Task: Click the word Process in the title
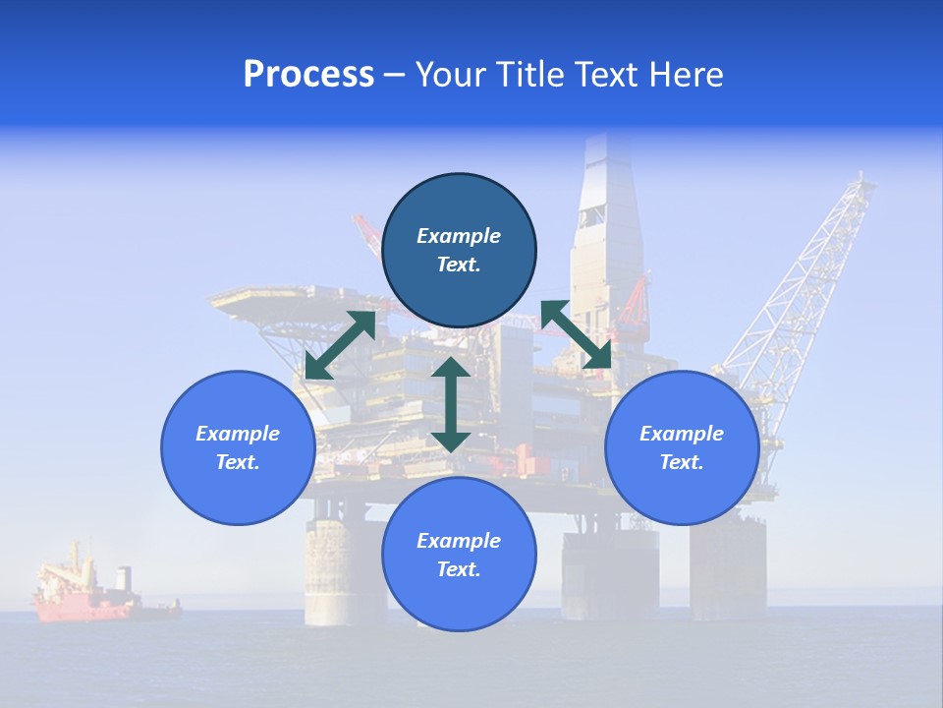tap(308, 75)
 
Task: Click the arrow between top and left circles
tap(341, 345)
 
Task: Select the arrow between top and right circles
tap(576, 334)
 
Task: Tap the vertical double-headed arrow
tap(451, 404)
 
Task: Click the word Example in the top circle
tap(459, 236)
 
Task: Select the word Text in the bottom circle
tap(459, 569)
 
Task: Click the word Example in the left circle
tap(238, 434)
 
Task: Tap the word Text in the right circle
tap(682, 462)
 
